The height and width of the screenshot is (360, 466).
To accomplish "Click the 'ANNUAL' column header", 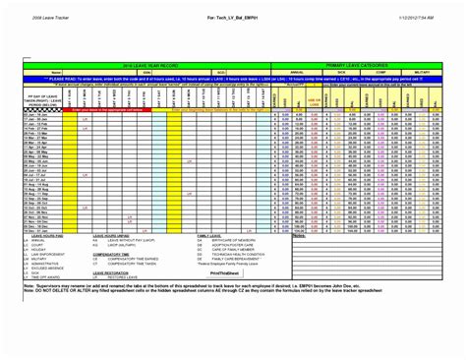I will pyautogui.click(x=295, y=72).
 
